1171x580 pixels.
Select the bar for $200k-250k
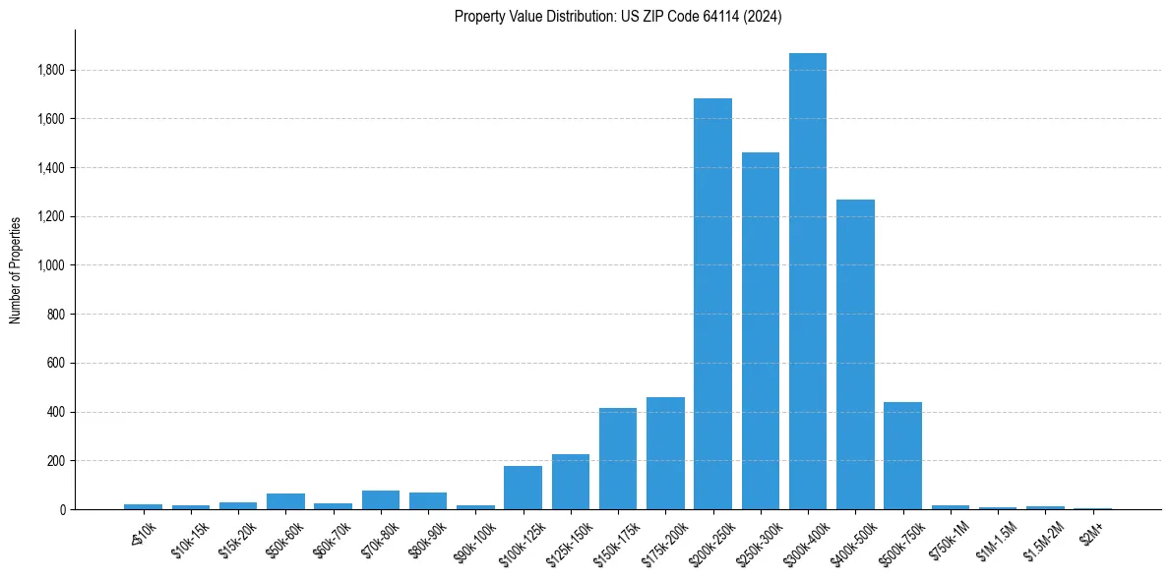[712, 304]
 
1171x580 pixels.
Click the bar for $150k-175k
[618, 459]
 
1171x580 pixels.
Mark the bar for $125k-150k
[571, 482]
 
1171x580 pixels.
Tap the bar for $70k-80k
[381, 499]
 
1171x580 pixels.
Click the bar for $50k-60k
[285, 501]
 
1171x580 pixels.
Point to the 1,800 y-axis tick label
[51, 70]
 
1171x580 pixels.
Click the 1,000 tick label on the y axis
[51, 265]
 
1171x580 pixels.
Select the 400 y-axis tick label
[56, 412]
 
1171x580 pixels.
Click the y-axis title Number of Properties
[15, 269]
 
